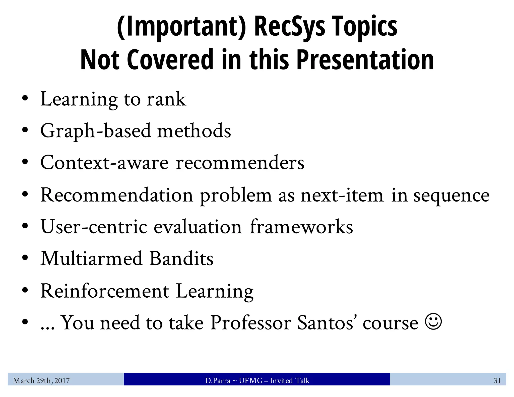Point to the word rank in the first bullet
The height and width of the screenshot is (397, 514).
click(166, 99)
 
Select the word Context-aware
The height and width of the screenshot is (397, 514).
click(104, 163)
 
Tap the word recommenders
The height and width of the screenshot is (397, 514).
click(240, 163)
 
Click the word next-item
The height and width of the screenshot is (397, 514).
click(342, 195)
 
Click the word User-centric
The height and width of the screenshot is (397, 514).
click(94, 227)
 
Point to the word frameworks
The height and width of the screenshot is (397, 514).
click(301, 227)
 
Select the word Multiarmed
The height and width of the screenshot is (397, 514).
click(91, 258)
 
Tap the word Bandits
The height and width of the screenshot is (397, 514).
click(181, 258)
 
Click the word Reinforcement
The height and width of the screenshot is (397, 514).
click(105, 291)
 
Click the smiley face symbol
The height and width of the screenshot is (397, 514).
click(433, 321)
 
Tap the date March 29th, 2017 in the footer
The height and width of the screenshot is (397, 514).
click(41, 381)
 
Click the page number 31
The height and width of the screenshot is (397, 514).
click(497, 381)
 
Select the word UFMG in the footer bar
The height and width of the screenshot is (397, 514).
click(251, 381)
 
